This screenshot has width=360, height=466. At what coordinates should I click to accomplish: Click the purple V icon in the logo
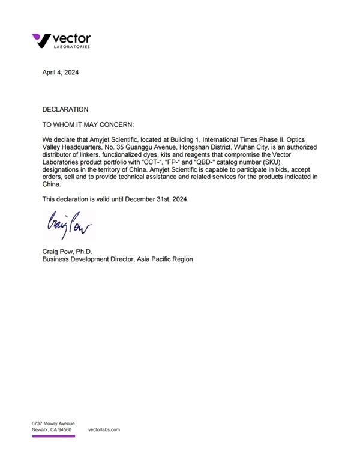[41, 40]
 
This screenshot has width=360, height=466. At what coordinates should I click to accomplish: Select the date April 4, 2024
[60, 73]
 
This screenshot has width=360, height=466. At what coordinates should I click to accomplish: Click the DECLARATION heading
[65, 109]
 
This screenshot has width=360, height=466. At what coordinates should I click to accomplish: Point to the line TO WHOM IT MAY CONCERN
[89, 124]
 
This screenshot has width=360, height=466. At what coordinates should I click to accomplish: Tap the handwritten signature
[67, 225]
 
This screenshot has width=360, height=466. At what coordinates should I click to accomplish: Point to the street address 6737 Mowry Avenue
[53, 423]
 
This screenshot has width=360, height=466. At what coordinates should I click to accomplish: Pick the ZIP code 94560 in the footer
[64, 430]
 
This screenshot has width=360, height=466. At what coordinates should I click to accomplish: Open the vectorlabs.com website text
[104, 430]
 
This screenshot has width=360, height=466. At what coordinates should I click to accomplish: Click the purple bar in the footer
[53, 437]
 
